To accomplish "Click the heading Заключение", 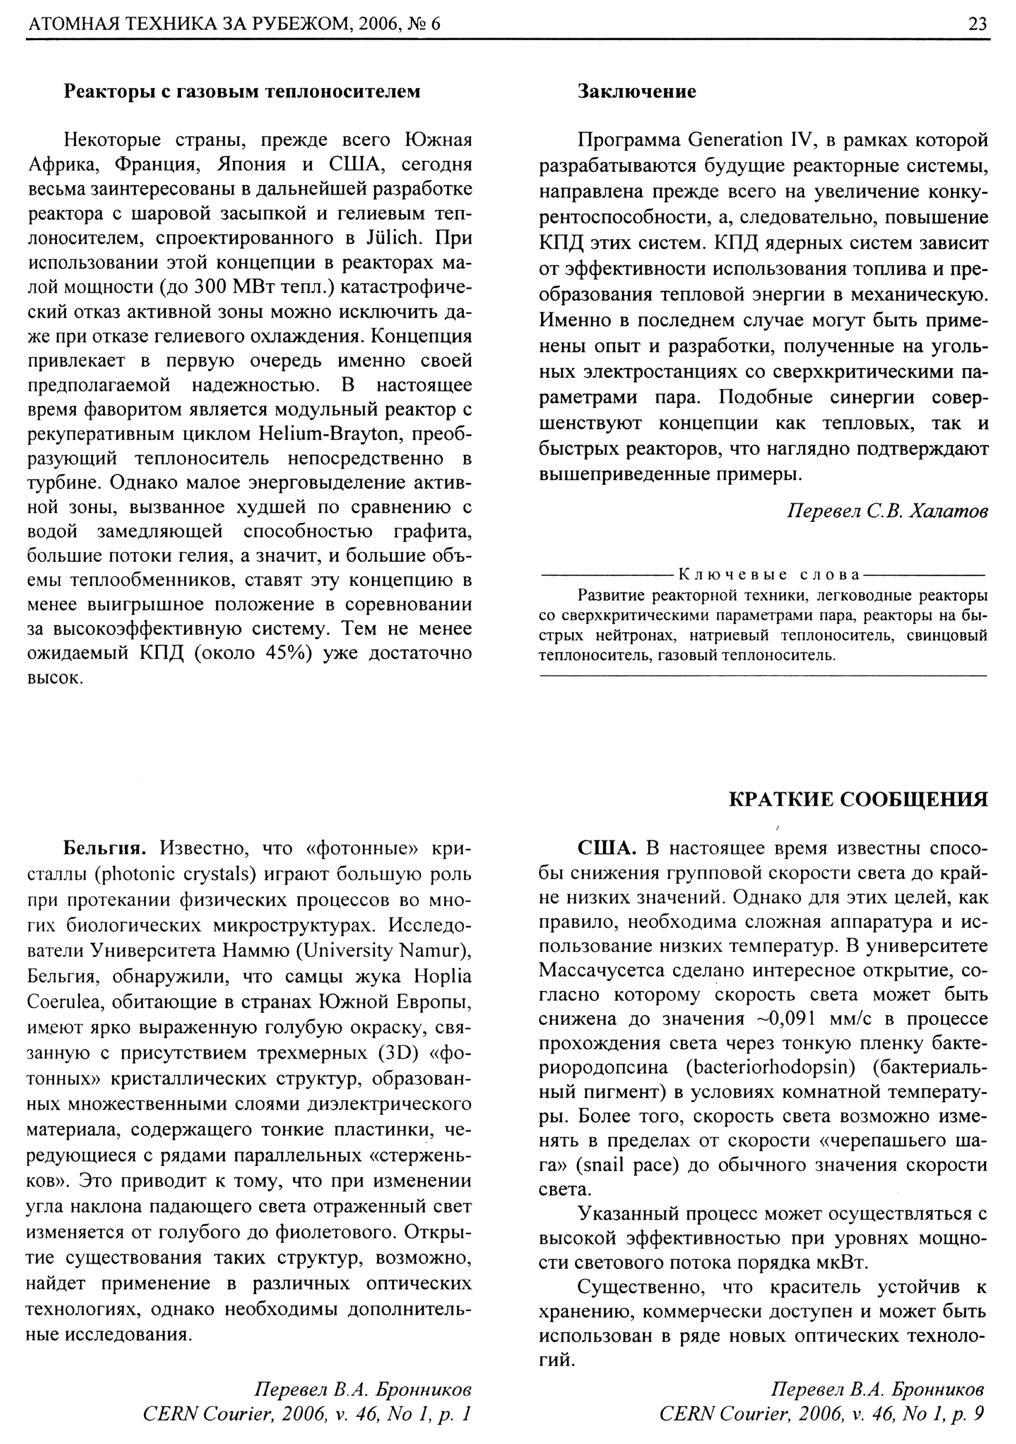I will (x=637, y=92).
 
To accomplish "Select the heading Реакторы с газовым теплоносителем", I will (x=242, y=92).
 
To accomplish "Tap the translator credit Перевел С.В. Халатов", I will (x=887, y=512).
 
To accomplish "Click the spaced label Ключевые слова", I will (x=768, y=574).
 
